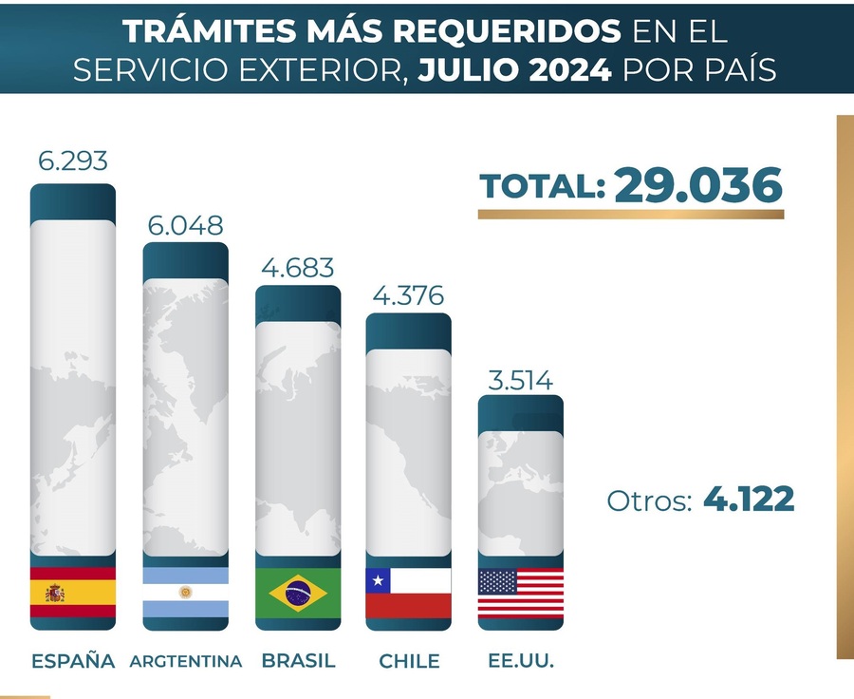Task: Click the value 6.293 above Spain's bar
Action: (x=73, y=160)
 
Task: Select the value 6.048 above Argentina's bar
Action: (x=185, y=225)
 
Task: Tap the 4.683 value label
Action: (x=296, y=268)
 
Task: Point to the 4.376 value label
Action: (x=408, y=296)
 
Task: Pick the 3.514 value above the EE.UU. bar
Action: (x=520, y=380)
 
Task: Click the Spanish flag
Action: (x=73, y=593)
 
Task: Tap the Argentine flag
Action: (x=185, y=593)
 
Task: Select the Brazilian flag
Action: (x=297, y=594)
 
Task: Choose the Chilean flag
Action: (x=408, y=594)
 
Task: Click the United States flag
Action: (x=520, y=594)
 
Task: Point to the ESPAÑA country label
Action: (x=73, y=661)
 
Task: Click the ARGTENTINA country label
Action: (x=185, y=661)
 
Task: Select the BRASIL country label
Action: (x=297, y=661)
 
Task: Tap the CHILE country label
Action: (x=409, y=661)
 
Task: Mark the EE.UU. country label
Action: (x=520, y=661)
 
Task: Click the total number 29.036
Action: (x=698, y=185)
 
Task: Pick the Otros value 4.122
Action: (x=749, y=500)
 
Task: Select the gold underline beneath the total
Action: (x=631, y=215)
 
